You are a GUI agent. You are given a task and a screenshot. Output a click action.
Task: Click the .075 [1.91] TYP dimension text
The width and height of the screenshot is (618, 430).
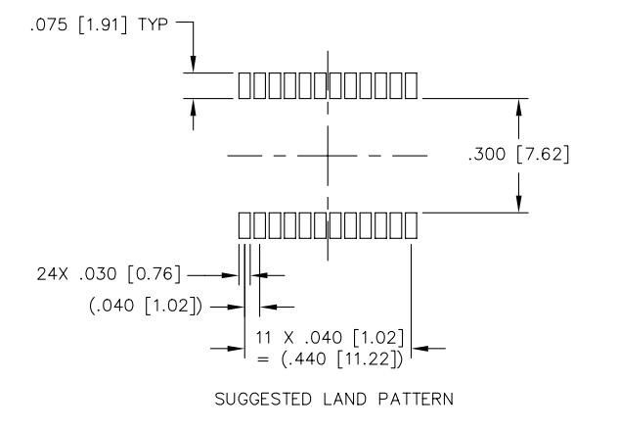99,25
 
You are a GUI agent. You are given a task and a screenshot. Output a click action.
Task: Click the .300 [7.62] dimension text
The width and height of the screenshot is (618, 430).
519,155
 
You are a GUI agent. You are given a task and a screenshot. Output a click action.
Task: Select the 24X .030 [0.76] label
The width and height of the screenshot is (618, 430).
109,274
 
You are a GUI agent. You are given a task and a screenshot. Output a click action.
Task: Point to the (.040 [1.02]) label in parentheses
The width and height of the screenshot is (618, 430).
146,306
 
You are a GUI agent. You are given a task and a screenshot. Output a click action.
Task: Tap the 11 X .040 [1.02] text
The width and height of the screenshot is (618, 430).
331,338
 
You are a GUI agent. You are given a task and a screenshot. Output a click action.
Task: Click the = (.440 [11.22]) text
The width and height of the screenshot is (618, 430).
331,359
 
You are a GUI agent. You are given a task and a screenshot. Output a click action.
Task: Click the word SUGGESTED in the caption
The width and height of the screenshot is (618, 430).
263,400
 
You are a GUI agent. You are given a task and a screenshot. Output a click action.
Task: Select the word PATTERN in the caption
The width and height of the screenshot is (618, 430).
416,400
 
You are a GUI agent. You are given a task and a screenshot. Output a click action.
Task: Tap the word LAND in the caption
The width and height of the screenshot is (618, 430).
344,400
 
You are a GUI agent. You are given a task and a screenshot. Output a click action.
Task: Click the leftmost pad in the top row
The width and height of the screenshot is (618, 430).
244,85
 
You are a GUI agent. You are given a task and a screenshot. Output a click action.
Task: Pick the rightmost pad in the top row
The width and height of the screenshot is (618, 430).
411,85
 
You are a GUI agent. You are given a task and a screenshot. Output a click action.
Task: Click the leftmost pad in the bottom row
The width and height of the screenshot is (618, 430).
244,225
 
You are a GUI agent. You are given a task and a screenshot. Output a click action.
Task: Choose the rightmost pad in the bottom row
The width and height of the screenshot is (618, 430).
411,225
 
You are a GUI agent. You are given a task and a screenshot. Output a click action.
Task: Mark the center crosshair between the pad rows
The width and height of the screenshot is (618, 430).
328,156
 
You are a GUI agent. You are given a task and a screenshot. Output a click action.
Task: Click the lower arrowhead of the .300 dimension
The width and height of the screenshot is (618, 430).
518,204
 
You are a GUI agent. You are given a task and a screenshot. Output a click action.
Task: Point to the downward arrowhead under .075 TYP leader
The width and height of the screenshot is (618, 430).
193,64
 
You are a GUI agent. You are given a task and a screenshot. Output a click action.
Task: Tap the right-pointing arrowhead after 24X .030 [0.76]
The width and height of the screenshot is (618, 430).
230,275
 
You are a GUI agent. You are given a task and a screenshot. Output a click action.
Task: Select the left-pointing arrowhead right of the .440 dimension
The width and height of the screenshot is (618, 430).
419,349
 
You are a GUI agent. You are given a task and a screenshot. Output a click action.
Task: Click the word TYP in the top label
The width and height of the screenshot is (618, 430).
153,25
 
